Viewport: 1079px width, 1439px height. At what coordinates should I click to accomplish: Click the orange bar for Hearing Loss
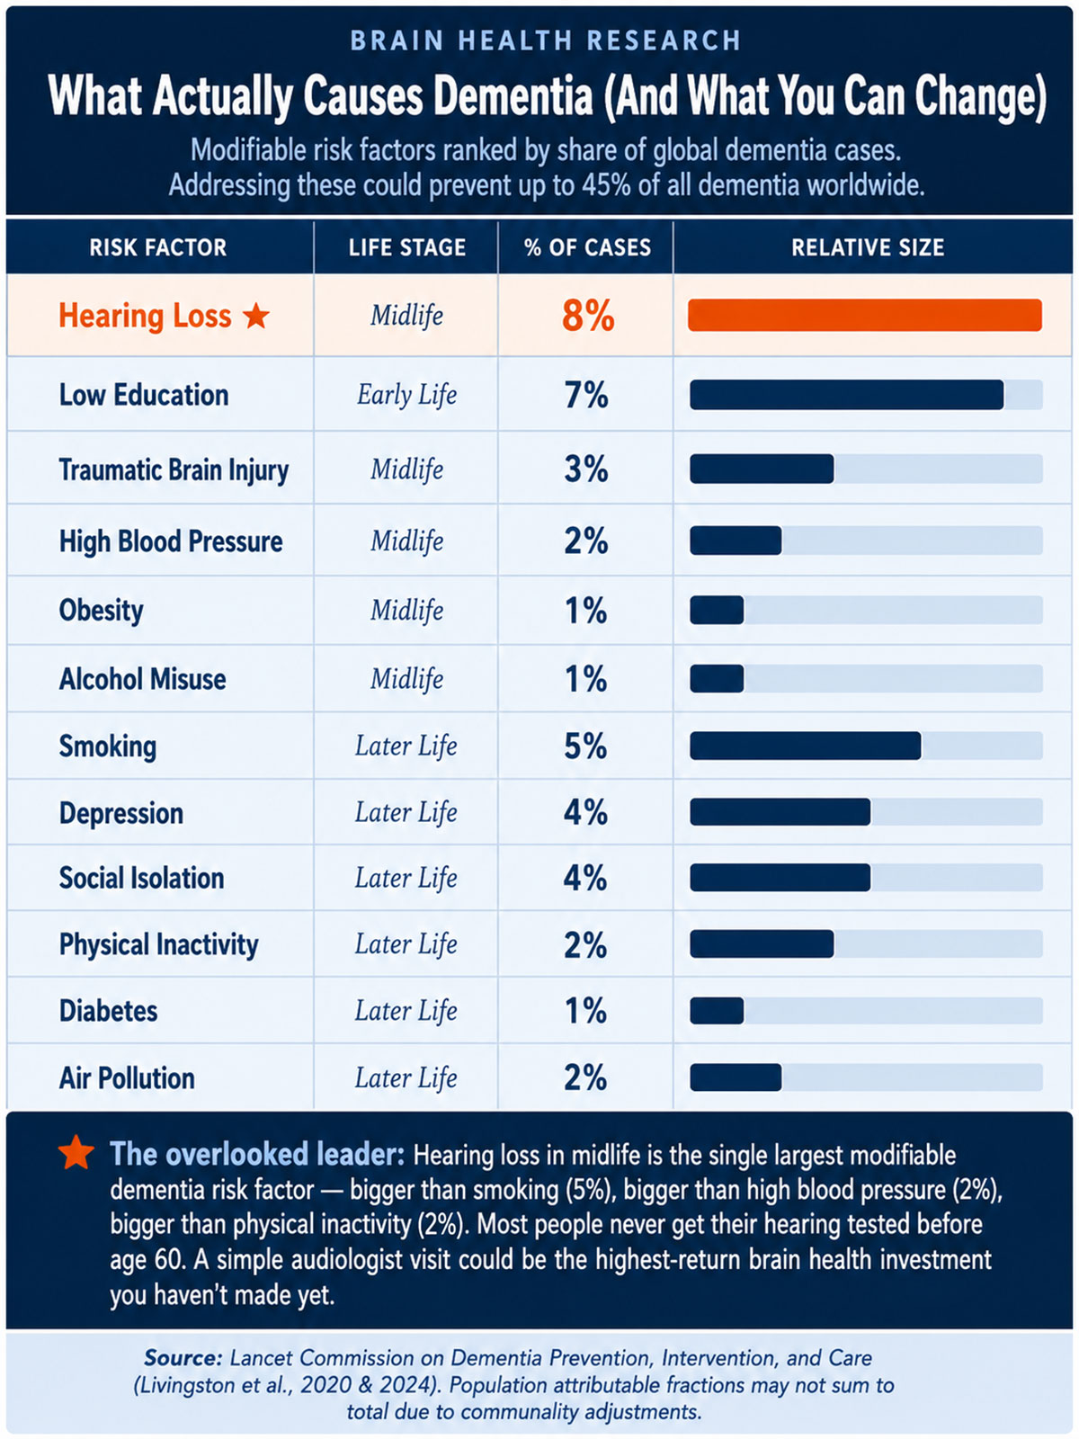pos(864,316)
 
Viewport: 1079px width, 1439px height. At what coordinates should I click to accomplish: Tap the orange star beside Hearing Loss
pos(255,316)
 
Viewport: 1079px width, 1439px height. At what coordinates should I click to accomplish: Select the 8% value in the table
pos(588,316)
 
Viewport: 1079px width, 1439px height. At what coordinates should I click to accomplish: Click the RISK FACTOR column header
pos(158,248)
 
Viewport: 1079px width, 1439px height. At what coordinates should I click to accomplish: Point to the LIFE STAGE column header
pos(406,248)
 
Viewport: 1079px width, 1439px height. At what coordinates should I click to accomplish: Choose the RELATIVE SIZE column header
pos(868,248)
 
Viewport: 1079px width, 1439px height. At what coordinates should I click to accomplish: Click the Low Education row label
pos(144,396)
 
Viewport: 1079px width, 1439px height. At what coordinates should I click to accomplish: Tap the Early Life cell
pos(406,396)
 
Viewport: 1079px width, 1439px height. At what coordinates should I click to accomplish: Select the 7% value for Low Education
pos(586,396)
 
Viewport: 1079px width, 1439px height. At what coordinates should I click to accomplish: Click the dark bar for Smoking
pos(805,746)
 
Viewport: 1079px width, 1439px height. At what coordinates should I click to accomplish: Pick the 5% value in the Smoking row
pos(585,746)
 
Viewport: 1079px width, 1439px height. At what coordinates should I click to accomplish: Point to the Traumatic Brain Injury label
pos(174,470)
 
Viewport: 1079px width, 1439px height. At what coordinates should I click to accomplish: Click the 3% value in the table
pos(586,469)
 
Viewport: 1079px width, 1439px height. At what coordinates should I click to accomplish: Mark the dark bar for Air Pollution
pos(736,1077)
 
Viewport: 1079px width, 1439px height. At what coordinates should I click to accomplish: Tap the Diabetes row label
pos(108,1011)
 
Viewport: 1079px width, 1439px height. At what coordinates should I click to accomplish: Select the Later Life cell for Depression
pos(406,813)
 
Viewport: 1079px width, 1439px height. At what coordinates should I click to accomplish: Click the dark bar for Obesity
pos(717,611)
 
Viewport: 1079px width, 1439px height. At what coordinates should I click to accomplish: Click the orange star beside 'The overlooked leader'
pos(76,1152)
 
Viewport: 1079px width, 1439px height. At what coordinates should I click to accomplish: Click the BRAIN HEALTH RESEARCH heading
pos(546,40)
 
